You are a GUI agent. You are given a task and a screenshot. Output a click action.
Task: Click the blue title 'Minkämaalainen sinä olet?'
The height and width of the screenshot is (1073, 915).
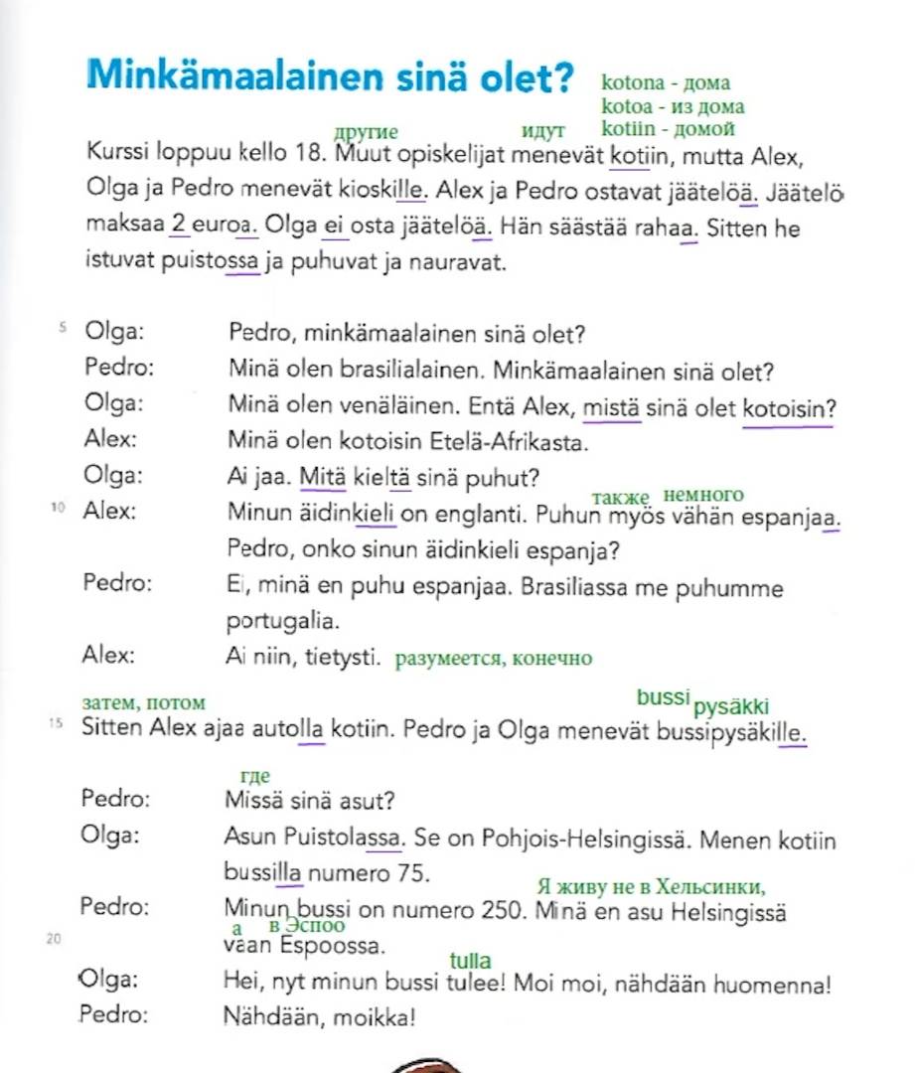point(331,76)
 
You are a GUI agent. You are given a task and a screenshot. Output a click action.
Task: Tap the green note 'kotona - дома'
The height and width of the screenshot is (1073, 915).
point(666,83)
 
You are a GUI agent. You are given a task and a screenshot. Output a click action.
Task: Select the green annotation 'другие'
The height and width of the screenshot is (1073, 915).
point(367,131)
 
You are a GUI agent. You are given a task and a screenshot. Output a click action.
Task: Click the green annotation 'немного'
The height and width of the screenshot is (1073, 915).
point(702,495)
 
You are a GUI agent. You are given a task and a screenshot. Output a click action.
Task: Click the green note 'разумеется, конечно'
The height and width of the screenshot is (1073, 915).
point(494,658)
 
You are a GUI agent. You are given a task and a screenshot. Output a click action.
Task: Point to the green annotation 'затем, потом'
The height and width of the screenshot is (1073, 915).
point(144,703)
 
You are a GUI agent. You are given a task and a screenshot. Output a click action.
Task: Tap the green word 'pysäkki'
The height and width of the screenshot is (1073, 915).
point(731,707)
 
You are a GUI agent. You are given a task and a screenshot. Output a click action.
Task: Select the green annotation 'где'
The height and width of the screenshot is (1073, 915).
point(255,776)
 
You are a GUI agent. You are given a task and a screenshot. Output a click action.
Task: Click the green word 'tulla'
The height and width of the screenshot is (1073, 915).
point(471,961)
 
